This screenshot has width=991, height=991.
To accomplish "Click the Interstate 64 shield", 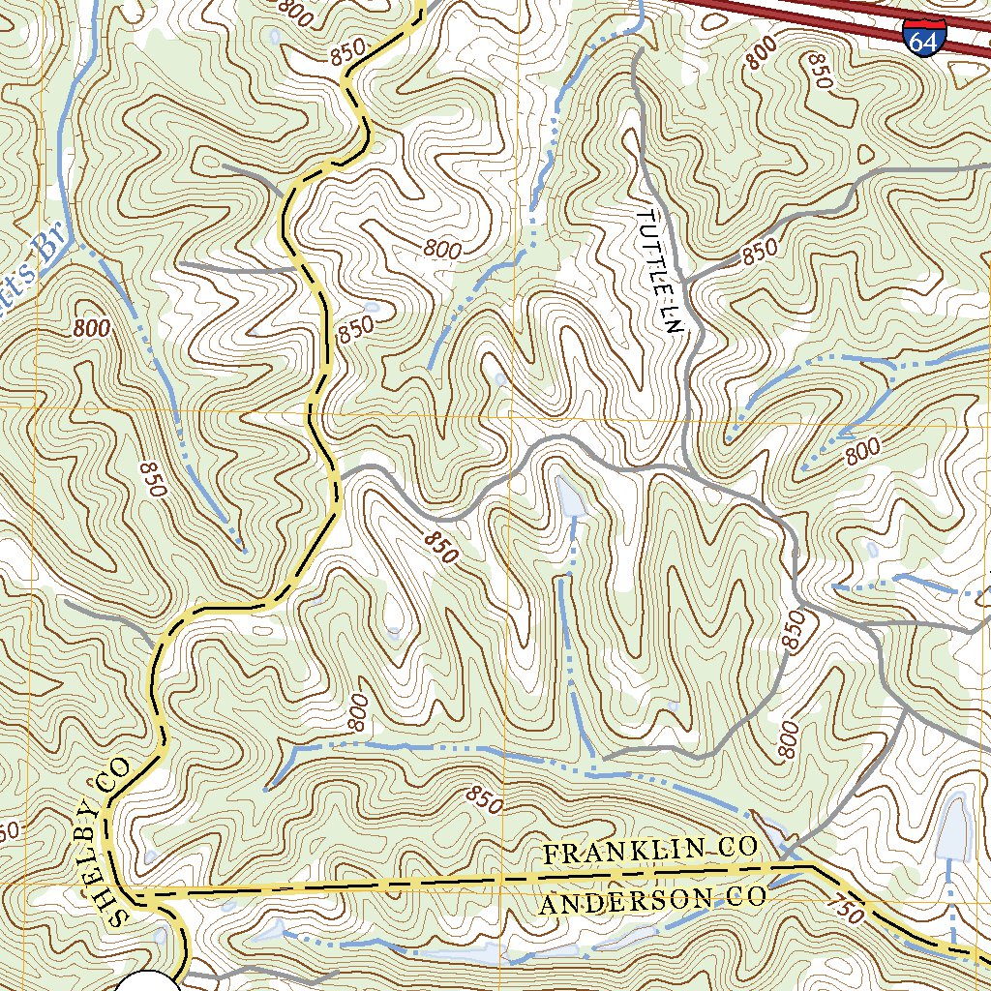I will click(921, 36).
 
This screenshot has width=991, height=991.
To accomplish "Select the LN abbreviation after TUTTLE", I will click(672, 317).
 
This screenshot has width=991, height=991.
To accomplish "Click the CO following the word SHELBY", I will click(118, 774).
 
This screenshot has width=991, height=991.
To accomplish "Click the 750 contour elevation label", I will click(845, 911).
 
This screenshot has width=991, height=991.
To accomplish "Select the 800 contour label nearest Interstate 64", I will click(762, 58).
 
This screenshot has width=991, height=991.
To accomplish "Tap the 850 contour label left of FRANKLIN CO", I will click(484, 800).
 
